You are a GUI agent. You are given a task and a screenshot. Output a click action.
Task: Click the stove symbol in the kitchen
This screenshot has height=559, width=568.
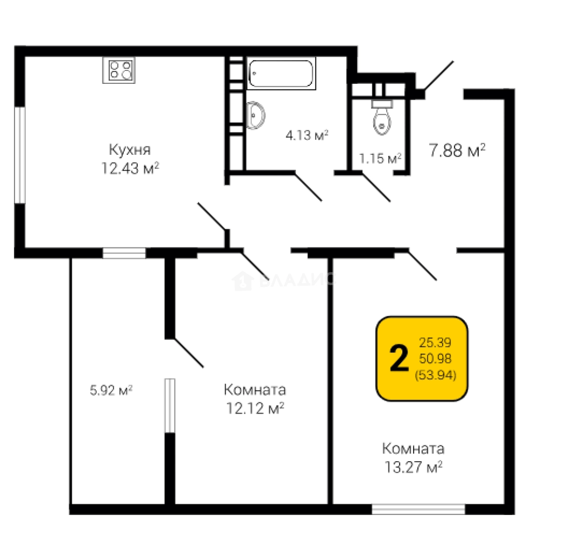click(x=119, y=70)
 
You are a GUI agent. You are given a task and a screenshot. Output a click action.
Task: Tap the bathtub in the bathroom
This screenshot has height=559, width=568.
click(x=281, y=73)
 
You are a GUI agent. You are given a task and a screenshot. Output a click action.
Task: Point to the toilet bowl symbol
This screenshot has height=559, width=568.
click(x=382, y=117)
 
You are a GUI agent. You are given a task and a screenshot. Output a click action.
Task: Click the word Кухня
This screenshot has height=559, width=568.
click(x=129, y=150)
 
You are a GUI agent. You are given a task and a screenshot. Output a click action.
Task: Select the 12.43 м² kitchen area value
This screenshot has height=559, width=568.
click(x=130, y=168)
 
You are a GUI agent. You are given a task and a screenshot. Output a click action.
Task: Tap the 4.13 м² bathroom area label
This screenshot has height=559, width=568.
click(x=307, y=136)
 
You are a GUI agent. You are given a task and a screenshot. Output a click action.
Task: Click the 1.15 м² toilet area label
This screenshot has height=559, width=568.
click(x=380, y=158)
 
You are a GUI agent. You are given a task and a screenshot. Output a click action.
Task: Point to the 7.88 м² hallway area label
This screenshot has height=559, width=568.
click(x=457, y=150)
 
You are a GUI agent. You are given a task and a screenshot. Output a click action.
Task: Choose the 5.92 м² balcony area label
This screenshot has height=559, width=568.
click(x=111, y=390)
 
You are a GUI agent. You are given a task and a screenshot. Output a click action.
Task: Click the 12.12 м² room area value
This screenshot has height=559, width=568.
click(x=255, y=408)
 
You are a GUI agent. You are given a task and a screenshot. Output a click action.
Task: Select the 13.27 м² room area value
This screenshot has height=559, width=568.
click(x=413, y=467)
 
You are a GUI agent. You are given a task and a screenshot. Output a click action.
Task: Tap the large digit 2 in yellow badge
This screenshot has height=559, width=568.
click(x=399, y=358)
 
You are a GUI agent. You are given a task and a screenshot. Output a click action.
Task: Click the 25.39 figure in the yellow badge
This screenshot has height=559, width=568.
click(x=435, y=342)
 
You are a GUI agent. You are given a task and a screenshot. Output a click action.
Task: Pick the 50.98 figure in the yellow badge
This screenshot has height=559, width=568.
click(x=435, y=358)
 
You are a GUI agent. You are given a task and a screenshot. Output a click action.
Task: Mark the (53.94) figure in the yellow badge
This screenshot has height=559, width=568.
click(x=435, y=375)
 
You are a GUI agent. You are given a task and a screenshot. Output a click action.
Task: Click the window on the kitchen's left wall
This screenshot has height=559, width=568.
click(x=20, y=155)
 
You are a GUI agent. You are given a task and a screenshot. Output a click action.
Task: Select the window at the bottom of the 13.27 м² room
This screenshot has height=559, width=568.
click(x=418, y=509)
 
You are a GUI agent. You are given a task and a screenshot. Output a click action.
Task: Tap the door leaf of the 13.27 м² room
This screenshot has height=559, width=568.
click(x=423, y=265)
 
